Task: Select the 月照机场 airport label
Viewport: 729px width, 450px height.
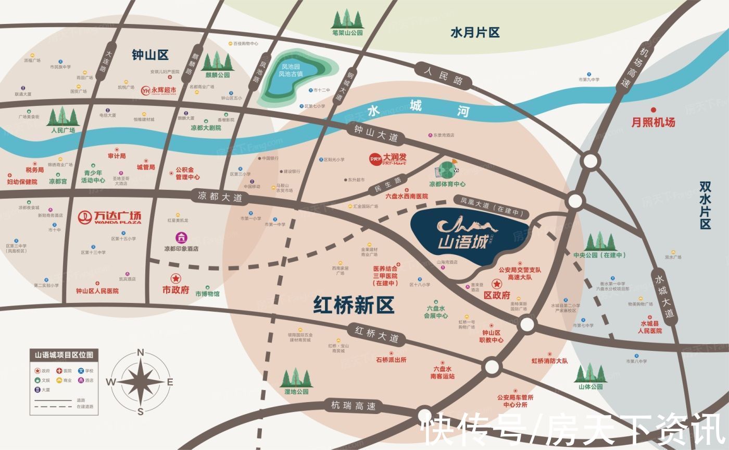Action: click(x=653, y=122)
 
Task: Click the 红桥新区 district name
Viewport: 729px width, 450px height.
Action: click(x=354, y=305)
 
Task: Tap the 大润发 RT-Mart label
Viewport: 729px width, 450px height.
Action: click(x=387, y=158)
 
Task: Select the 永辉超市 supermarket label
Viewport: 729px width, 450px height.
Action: click(x=159, y=91)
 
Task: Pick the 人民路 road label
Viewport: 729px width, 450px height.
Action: click(x=443, y=76)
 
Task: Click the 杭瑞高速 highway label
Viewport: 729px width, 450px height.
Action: click(x=353, y=405)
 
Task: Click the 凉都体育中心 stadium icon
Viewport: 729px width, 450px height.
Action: click(x=446, y=170)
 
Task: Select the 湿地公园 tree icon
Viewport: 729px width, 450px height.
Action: click(x=296, y=378)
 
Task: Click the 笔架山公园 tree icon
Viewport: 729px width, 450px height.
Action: click(x=347, y=19)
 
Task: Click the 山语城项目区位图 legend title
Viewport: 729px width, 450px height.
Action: click(x=64, y=355)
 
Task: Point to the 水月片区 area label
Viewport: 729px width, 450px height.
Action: click(x=475, y=33)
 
